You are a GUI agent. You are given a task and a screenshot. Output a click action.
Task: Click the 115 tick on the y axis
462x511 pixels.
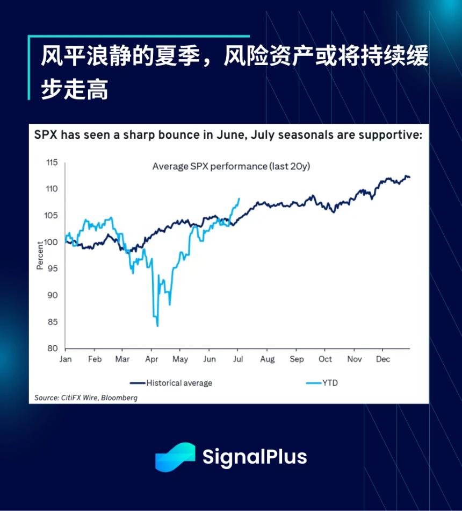[51, 162]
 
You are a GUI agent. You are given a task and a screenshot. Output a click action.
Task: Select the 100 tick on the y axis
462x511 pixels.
[51, 242]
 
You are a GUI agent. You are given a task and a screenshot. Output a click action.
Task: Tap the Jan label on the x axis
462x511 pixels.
[66, 359]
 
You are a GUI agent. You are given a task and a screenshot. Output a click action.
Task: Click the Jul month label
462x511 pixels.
[239, 359]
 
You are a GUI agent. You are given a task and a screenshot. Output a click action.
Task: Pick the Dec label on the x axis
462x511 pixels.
[382, 359]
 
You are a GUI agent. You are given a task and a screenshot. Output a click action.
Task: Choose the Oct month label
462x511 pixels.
[325, 359]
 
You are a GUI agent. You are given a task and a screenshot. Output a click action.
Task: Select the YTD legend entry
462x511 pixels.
[330, 383]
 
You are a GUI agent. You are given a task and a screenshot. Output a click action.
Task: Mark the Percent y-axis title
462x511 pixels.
[40, 255]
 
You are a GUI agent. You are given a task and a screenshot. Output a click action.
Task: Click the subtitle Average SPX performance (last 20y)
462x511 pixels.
[231, 166]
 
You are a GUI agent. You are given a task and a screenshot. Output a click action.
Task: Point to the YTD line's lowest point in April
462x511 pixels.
[157, 326]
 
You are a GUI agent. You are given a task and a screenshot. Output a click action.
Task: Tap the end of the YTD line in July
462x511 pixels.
[239, 198]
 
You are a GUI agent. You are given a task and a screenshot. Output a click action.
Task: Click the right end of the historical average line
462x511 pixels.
[410, 177]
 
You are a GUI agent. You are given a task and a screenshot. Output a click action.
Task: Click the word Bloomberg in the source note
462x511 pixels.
[120, 398]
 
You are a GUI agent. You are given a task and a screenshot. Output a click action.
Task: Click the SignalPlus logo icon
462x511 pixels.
[175, 457]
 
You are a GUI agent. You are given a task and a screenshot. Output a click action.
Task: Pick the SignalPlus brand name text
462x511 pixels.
[254, 457]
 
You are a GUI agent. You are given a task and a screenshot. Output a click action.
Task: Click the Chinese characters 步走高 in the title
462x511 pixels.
[75, 89]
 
